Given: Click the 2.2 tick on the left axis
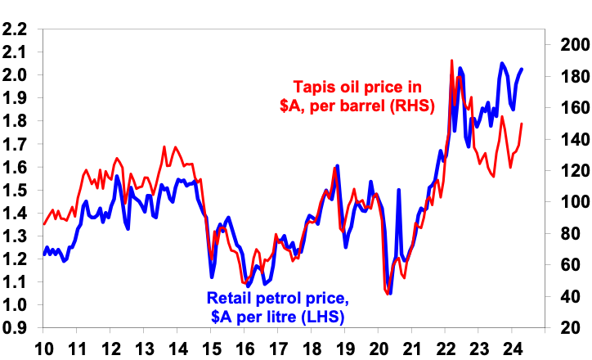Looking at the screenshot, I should (x=15, y=29).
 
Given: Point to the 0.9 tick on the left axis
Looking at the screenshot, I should (x=15, y=327).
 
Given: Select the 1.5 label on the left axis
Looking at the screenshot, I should (x=15, y=190).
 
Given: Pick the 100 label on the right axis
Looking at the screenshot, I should (x=570, y=201).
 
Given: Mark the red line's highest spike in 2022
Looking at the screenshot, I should (x=451, y=61).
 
